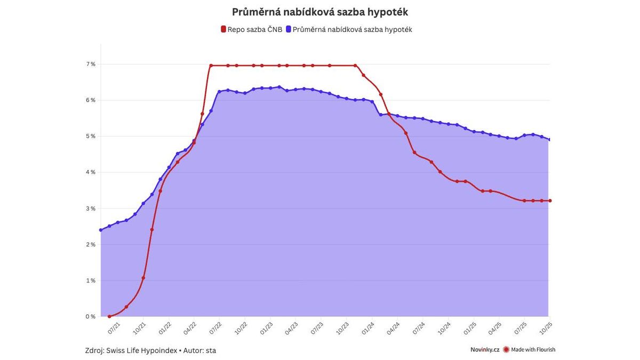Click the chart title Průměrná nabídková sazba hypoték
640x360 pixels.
point(320,12)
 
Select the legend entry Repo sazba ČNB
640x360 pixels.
point(251,29)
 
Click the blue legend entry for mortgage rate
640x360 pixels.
point(352,29)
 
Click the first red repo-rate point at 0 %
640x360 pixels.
point(109,316)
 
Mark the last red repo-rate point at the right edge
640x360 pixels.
point(550,201)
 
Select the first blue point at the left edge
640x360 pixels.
point(101,230)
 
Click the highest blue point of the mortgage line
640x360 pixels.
point(279,87)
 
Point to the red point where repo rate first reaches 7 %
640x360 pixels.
point(211,66)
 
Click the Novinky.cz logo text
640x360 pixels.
point(484,350)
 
